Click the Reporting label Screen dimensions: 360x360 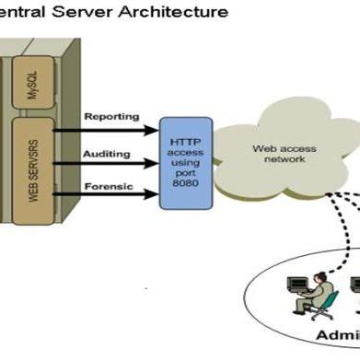tap(111, 116)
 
